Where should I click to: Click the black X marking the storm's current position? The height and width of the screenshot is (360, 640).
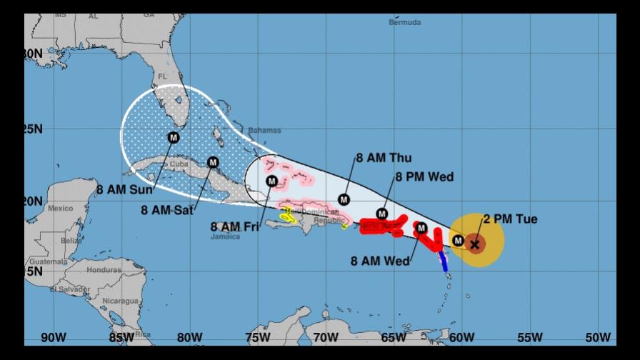pos(475,245)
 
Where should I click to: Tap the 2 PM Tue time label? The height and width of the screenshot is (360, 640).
pos(510,219)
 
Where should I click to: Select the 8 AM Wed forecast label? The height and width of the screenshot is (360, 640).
pos(381,261)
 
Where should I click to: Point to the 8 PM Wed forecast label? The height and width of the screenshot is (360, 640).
pos(424,177)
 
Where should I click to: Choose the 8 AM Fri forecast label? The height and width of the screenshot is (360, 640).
pos(234,226)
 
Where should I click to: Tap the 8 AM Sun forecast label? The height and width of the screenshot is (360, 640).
pos(123,190)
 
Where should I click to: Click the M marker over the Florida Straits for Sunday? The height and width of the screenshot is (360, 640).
pos(174,137)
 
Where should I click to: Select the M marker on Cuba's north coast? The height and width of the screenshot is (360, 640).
pos(212,162)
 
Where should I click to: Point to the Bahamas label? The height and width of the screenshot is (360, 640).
pos(264,131)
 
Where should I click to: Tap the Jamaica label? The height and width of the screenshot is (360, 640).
pos(226,236)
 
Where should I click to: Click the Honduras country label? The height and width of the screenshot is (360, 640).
pos(104,270)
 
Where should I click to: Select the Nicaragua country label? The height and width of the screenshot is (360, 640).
pos(119,301)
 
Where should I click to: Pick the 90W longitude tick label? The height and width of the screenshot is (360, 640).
pos(54,337)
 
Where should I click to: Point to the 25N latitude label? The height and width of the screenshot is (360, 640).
pos(34,129)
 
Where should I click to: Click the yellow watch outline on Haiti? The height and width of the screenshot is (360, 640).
pos(288,215)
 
